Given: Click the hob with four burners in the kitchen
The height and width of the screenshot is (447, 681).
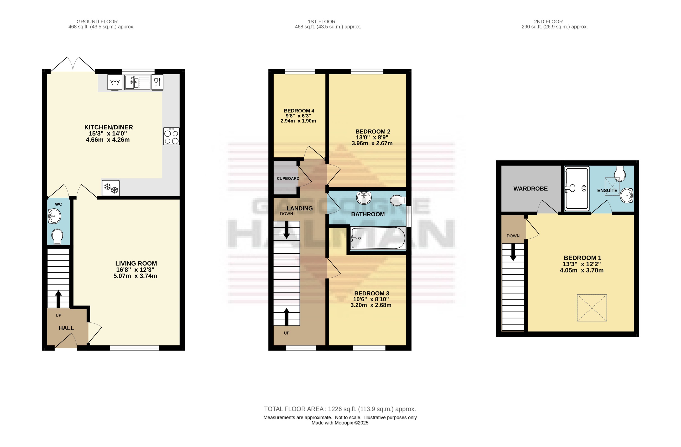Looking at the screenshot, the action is (x=171, y=136).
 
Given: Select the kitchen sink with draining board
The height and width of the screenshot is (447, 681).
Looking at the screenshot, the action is (x=137, y=82).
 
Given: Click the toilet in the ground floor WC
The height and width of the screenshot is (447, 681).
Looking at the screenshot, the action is (x=57, y=237).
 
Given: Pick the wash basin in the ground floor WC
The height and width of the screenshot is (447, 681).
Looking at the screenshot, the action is (x=54, y=216).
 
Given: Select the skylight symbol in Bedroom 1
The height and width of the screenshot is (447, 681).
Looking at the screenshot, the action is (x=592, y=308).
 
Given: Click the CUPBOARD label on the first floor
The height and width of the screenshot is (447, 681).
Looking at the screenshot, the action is (x=288, y=178).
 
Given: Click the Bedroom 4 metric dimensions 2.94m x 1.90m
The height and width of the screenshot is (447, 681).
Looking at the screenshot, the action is (x=298, y=121).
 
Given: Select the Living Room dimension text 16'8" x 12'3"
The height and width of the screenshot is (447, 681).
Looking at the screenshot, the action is (x=135, y=270).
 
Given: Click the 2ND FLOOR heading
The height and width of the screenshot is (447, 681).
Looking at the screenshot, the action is (x=548, y=21).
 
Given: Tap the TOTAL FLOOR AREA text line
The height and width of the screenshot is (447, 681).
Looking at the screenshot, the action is (x=340, y=409).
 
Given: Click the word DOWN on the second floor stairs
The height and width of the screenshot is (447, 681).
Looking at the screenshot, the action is (x=513, y=236).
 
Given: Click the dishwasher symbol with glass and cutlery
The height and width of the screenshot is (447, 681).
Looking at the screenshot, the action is (x=157, y=82).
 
